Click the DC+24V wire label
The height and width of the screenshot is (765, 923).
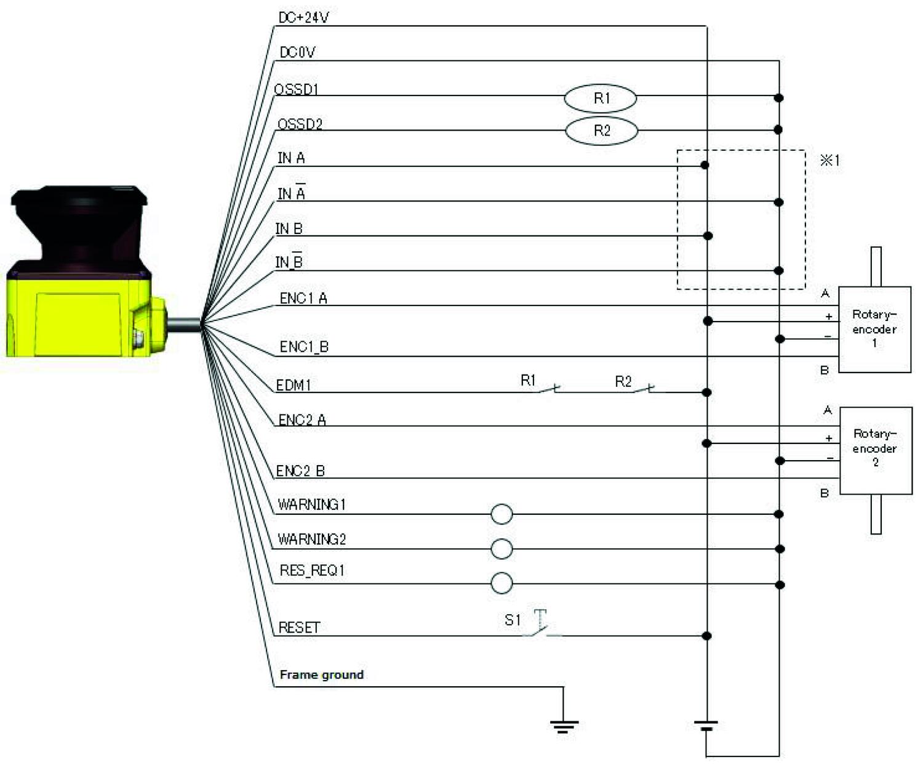point(303,18)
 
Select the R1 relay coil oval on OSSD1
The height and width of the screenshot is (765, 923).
point(601,98)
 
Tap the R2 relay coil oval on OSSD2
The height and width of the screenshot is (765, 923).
point(601,131)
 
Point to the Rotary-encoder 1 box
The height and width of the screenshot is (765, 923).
point(874,329)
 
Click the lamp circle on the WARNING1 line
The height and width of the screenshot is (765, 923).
point(502,514)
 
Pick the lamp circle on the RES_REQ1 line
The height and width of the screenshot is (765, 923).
point(502,583)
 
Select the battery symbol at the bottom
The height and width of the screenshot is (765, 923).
point(706,726)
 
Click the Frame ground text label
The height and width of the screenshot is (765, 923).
point(321,674)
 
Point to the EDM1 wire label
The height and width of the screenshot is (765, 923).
point(294,386)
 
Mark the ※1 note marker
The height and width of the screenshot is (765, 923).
point(829,161)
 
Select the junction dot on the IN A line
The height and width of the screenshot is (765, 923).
point(705,165)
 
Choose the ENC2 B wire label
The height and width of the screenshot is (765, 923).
point(300,471)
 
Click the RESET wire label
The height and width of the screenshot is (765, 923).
point(299,628)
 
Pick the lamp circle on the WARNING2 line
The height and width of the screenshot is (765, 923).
point(502,548)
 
